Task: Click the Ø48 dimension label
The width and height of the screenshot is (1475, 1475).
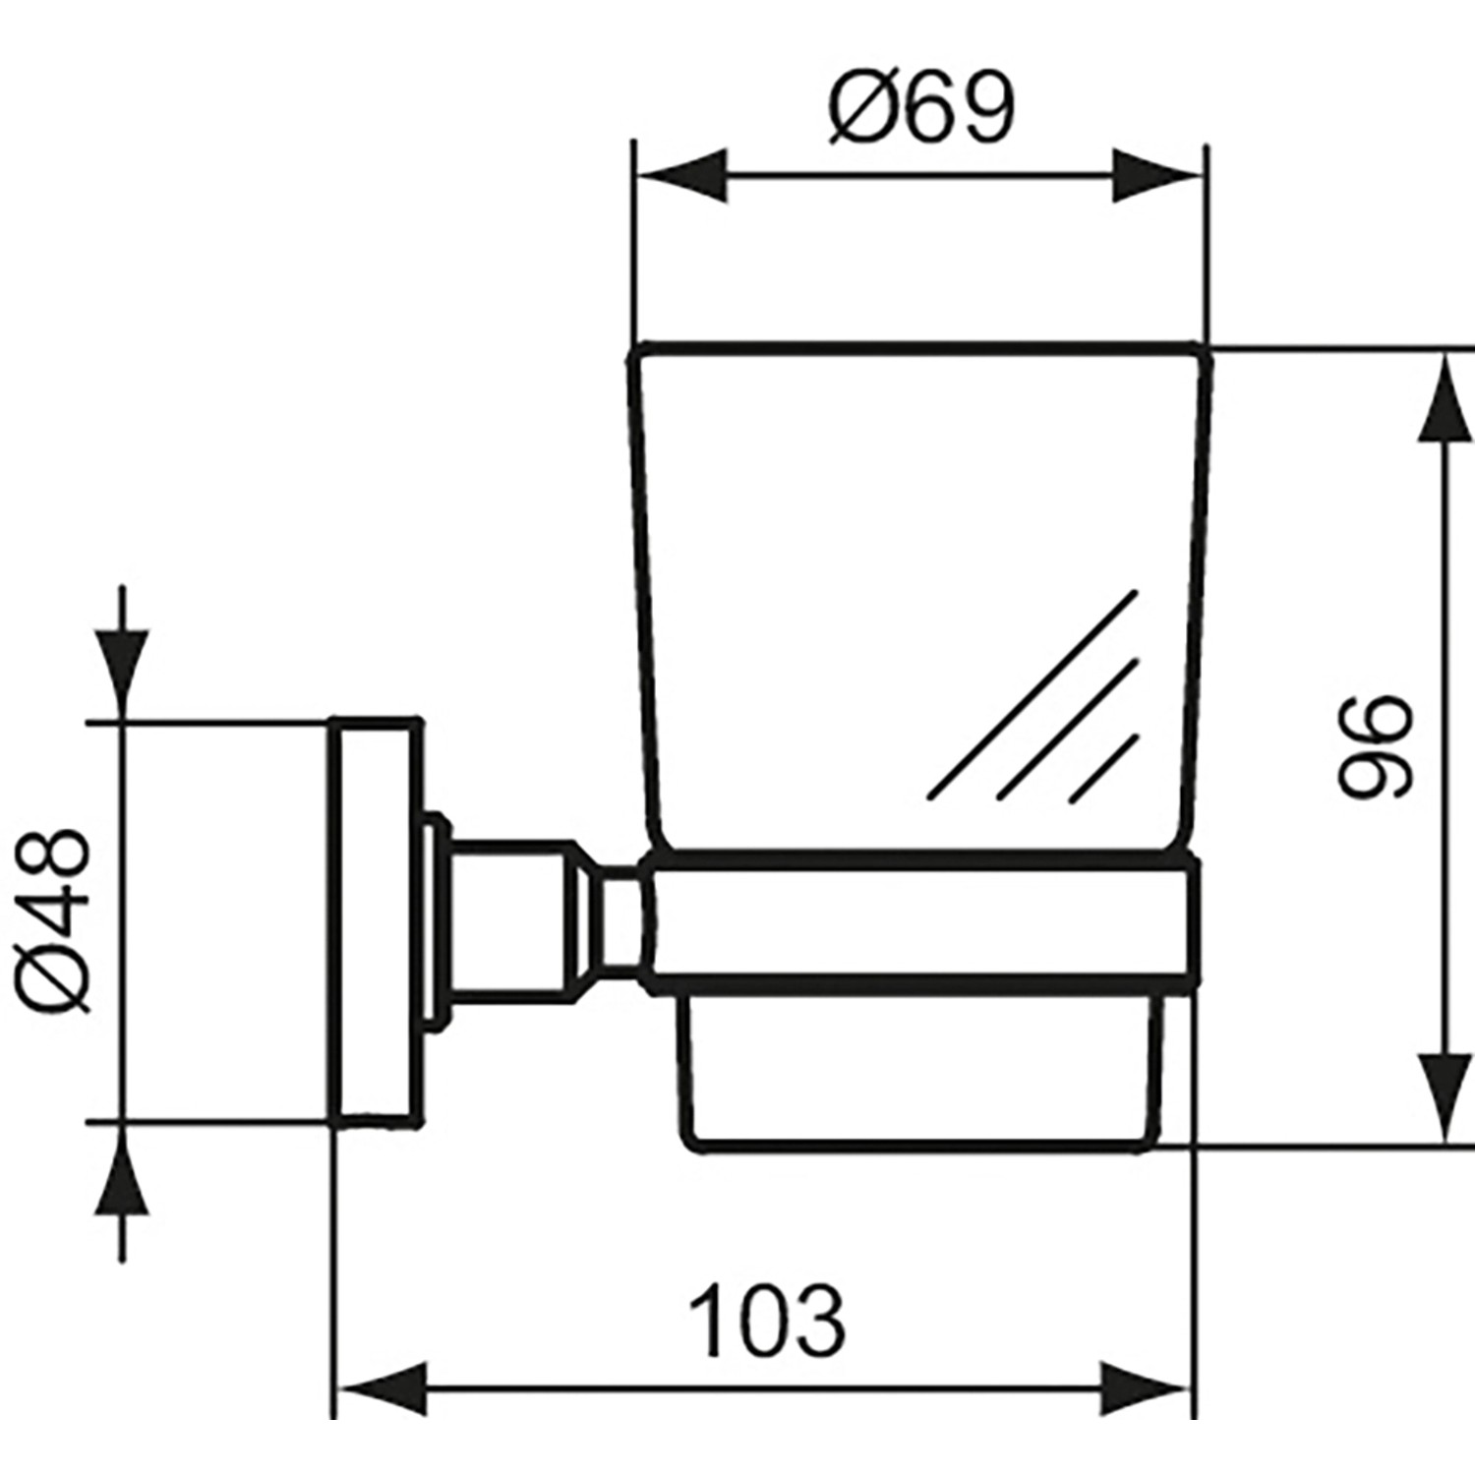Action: click(x=56, y=920)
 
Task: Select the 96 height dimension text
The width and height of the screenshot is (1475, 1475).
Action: click(x=1375, y=747)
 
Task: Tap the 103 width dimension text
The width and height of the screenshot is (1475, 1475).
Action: click(x=766, y=1321)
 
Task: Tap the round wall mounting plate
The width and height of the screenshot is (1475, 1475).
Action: click(x=374, y=921)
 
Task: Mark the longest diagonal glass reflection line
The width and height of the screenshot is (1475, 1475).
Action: click(x=1032, y=693)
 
